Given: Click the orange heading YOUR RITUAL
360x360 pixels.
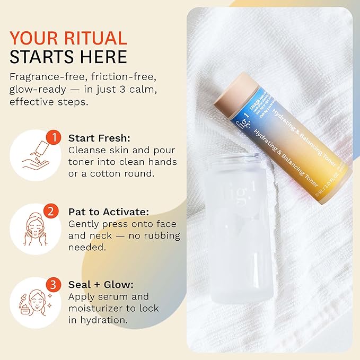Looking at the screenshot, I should tap(68, 38).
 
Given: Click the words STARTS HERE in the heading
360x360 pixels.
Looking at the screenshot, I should tap(68, 57).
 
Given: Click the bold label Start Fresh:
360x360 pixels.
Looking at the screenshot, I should tap(95, 138).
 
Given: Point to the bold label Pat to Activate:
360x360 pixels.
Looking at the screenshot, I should tap(108, 211).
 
